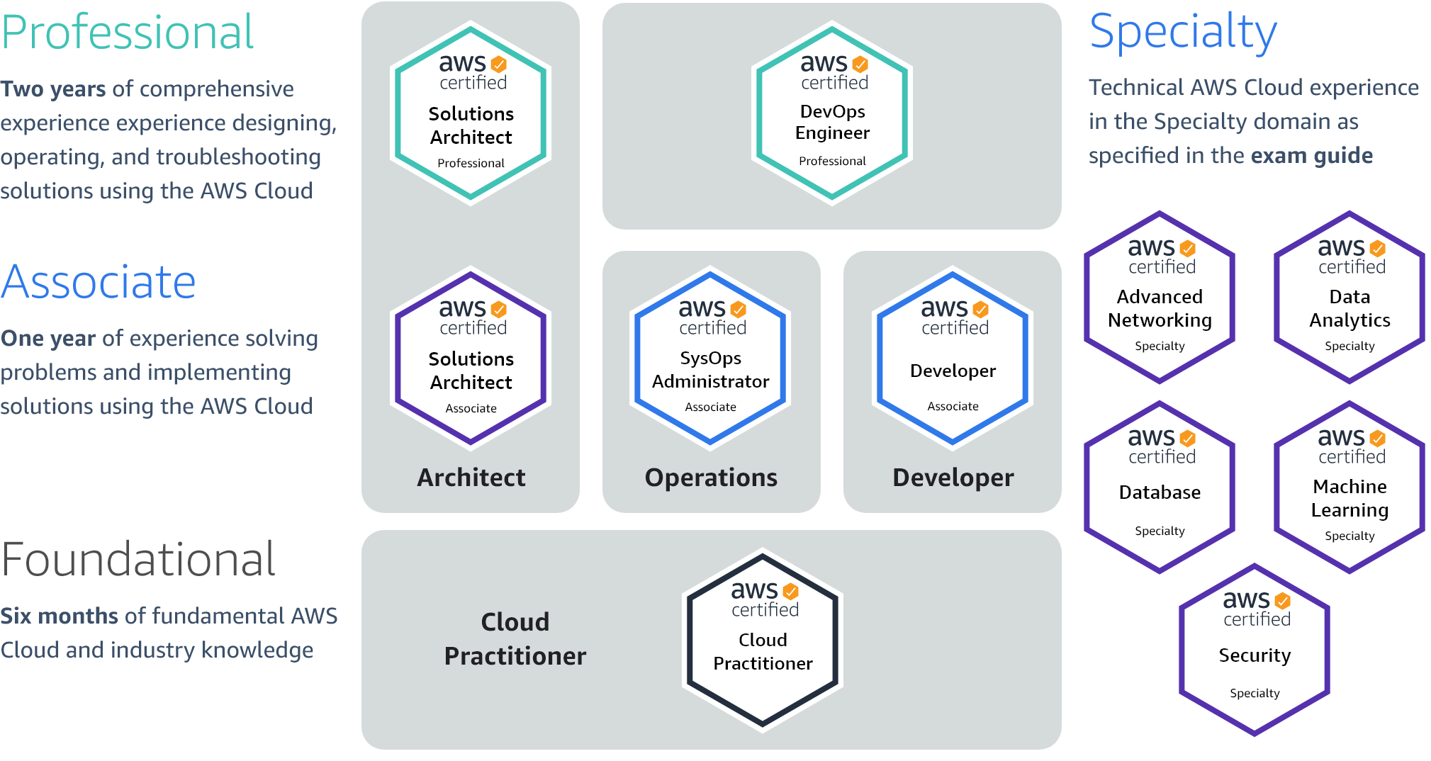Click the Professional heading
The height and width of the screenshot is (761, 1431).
[128, 33]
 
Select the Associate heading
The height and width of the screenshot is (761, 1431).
[99, 282]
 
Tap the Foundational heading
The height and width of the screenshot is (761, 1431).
[138, 560]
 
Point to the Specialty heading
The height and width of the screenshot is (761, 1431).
[1183, 33]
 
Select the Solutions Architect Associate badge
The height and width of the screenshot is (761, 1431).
[471, 359]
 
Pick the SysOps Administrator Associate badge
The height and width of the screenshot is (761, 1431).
[710, 359]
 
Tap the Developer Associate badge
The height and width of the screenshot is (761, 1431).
[953, 359]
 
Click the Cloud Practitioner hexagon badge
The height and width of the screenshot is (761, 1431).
[763, 641]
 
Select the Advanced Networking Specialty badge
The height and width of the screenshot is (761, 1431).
[1160, 298]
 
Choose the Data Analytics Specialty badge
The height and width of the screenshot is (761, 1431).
[1349, 298]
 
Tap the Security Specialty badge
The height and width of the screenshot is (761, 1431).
[1255, 650]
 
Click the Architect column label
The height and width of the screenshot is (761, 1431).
[471, 478]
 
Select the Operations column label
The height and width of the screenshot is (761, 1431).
[711, 478]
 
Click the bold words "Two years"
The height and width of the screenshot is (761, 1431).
[53, 89]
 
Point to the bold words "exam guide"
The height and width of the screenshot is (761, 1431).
[1312, 156]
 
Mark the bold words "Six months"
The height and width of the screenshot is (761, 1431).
[59, 616]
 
